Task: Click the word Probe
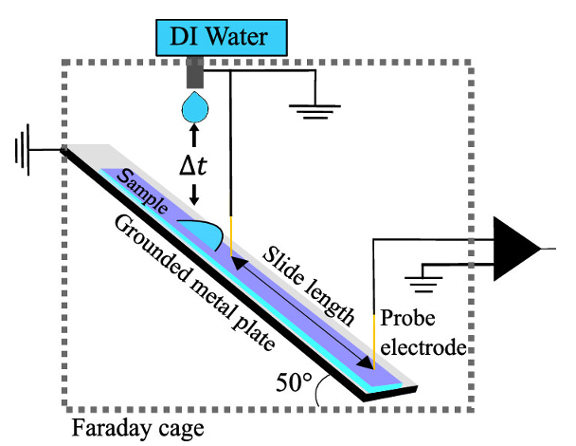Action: coord(405,321)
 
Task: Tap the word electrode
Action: coord(423,347)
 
